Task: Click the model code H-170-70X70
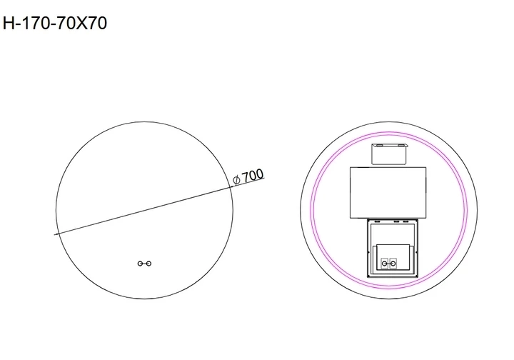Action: click(x=55, y=24)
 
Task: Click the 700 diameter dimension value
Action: click(x=253, y=176)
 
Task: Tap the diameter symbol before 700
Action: click(x=236, y=180)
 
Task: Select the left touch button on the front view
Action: click(x=140, y=264)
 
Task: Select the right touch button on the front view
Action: click(x=148, y=264)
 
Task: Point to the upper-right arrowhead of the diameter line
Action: click(x=231, y=187)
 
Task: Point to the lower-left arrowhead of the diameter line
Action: click(x=58, y=234)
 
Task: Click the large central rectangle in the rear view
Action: click(x=388, y=192)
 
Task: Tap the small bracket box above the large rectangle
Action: click(x=389, y=154)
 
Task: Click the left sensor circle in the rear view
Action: click(x=385, y=263)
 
